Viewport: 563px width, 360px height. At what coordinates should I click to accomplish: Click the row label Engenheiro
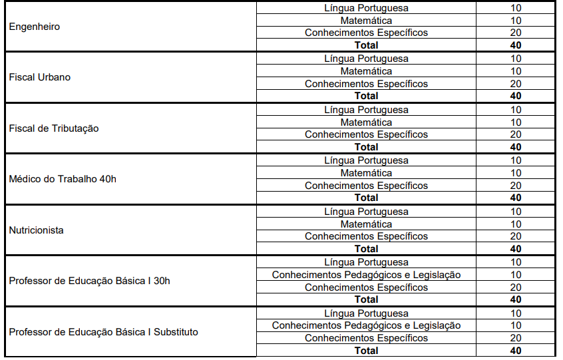click(35, 27)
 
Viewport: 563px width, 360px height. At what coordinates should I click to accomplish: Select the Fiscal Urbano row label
click(40, 77)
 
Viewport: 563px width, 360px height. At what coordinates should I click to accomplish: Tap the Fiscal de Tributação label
click(54, 128)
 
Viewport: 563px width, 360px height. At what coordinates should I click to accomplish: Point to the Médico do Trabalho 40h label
click(63, 179)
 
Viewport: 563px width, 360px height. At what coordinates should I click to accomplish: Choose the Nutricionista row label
click(37, 230)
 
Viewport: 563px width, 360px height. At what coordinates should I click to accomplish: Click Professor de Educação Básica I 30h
click(89, 281)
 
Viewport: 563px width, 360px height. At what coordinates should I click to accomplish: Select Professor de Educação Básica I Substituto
click(103, 331)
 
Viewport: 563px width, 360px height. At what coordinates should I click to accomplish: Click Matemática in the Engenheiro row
click(366, 21)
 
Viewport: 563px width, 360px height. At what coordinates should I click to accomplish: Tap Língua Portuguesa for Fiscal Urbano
click(366, 59)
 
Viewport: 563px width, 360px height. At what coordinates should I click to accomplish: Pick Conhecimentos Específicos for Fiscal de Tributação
click(366, 134)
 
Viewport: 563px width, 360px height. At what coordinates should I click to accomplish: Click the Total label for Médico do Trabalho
click(366, 198)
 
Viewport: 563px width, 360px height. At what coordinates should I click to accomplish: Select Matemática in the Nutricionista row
click(366, 224)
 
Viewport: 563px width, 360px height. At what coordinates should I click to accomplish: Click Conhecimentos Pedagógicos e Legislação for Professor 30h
click(366, 275)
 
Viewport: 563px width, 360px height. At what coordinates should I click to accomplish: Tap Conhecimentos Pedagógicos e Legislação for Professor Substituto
click(366, 325)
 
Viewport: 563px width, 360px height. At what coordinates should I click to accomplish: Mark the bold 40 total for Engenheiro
click(516, 45)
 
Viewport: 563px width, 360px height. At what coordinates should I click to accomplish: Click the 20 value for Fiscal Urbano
click(516, 84)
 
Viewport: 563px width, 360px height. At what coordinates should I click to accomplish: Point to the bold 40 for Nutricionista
click(516, 249)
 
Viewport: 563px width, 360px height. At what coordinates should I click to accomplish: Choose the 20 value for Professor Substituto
click(516, 338)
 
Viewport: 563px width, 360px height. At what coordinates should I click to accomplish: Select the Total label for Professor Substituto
click(366, 351)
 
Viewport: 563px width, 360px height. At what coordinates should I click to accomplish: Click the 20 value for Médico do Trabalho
click(516, 186)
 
